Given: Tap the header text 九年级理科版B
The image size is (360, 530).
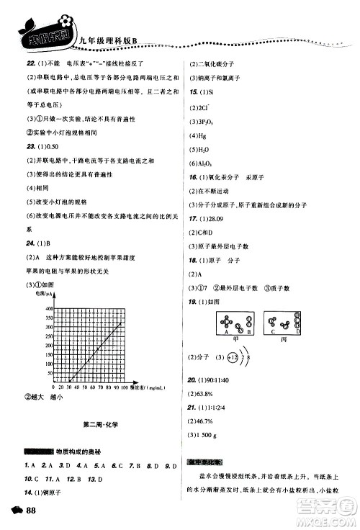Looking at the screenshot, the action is coord(104,30).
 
